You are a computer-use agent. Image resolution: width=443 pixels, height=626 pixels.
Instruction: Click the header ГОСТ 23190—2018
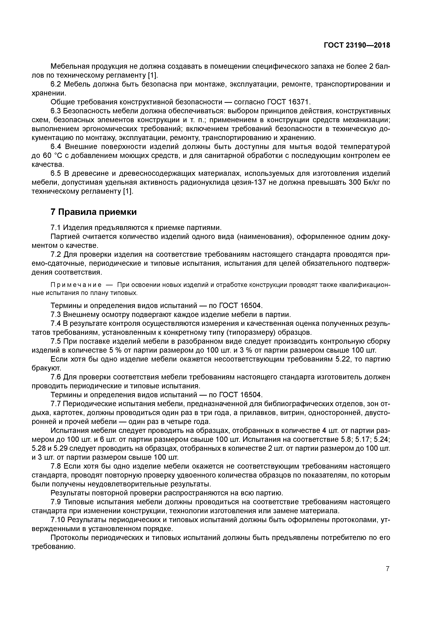tap(357, 45)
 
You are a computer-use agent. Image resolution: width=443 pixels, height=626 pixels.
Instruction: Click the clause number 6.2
tap(56, 84)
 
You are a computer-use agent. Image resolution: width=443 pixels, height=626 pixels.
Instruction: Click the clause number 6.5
tap(56, 174)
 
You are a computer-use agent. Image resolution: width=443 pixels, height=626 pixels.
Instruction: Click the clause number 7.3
tap(56, 315)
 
